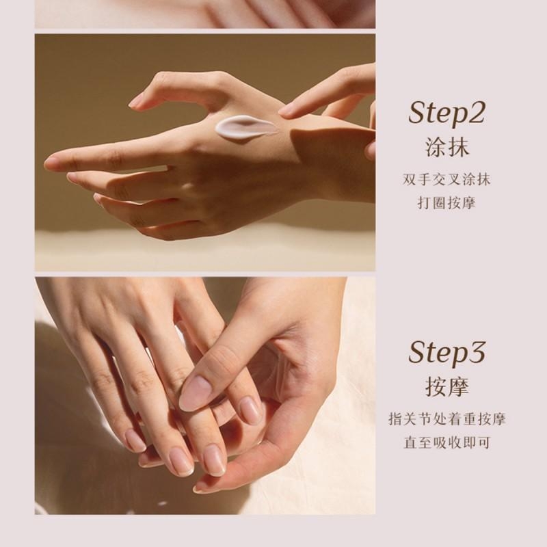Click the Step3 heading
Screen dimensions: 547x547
coord(446,353)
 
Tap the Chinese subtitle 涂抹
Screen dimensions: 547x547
coord(446,147)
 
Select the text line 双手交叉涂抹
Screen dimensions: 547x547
coord(446,180)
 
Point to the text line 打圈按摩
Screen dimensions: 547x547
coord(446,203)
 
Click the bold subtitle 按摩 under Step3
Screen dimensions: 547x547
coord(446,387)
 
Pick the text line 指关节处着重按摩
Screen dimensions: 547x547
coord(447,419)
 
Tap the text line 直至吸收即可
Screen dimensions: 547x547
coord(447,442)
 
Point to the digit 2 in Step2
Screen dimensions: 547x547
coord(476,112)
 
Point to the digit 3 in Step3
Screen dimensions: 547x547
coord(476,352)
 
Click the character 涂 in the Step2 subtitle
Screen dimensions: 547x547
coord(436,147)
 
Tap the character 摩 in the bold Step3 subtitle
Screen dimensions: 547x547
coord(458,387)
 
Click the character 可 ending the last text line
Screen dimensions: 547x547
coord(484,442)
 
